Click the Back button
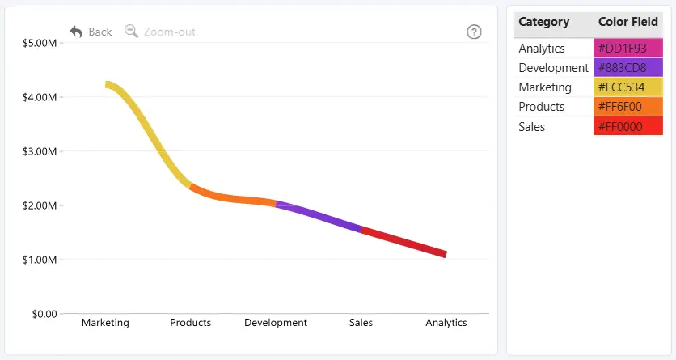[x=91, y=32]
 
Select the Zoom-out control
[x=160, y=32]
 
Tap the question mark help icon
[x=474, y=32]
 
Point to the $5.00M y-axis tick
[x=40, y=43]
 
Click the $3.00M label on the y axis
[x=40, y=151]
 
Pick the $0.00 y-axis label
[x=44, y=314]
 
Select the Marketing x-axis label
[x=105, y=323]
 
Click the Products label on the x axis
[x=191, y=323]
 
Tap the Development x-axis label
[x=276, y=323]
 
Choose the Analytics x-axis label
[x=446, y=323]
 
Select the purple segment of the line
[x=319, y=215]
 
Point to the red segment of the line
[x=403, y=241]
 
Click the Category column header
[x=543, y=22]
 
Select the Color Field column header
[x=628, y=22]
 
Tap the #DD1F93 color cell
[x=628, y=49]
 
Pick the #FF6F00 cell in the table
[x=628, y=107]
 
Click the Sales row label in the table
[x=531, y=127]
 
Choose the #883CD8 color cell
[x=628, y=68]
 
